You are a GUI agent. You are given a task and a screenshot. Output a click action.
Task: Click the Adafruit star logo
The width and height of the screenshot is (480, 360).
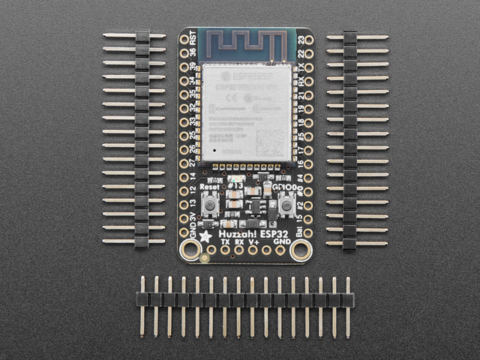point(205,237)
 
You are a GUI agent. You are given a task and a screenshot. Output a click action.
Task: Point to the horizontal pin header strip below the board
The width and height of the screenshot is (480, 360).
point(245,299)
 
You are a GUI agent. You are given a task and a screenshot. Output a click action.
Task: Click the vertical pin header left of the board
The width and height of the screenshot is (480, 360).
point(140,139)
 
